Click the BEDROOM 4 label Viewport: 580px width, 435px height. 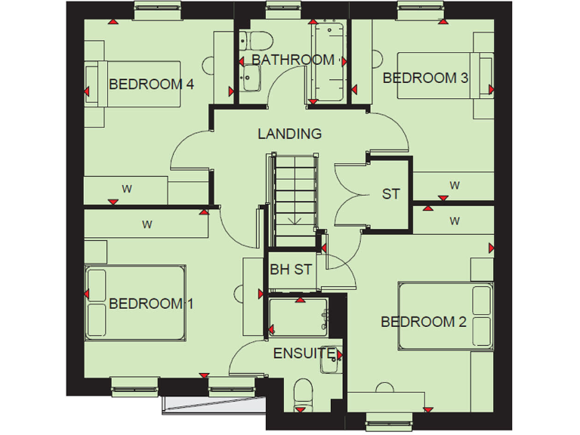152,84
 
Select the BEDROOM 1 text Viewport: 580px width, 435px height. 152,304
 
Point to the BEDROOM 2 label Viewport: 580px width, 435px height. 424,322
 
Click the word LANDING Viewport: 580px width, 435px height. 289,134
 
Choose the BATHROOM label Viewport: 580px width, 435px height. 293,60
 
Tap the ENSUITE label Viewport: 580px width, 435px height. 304,353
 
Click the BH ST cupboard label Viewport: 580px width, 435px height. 291,269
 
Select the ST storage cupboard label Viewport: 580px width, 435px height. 390,194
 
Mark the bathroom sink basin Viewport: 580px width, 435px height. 251,76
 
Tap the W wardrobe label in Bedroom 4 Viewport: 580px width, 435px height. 127,189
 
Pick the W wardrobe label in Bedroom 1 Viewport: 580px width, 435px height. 147,224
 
